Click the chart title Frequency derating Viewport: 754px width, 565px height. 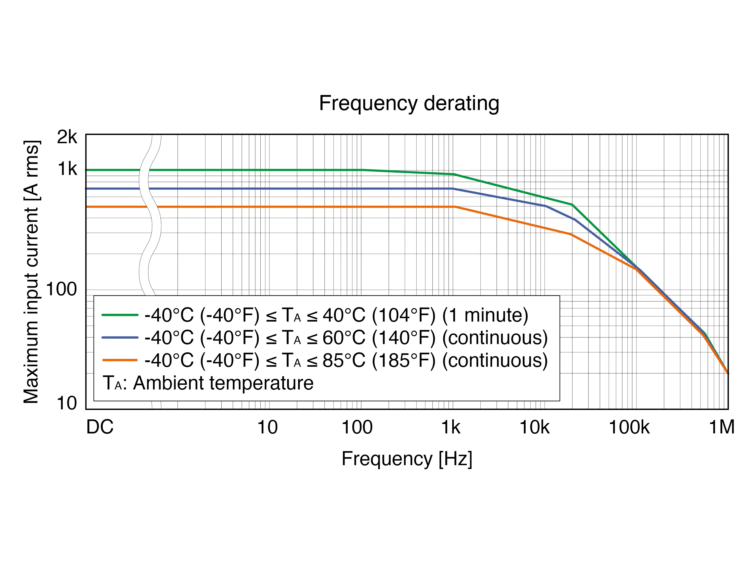pyautogui.click(x=409, y=103)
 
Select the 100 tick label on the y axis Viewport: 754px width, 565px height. pyautogui.click(x=61, y=289)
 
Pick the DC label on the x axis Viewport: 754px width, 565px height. pyautogui.click(x=100, y=427)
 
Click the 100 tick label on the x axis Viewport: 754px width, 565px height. pyautogui.click(x=357, y=427)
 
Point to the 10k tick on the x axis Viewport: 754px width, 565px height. pyautogui.click(x=534, y=427)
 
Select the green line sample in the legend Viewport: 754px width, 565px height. pyautogui.click(x=120, y=315)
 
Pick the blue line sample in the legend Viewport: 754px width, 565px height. pyautogui.click(x=120, y=337)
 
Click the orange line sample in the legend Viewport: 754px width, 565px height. pyautogui.click(x=120, y=360)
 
